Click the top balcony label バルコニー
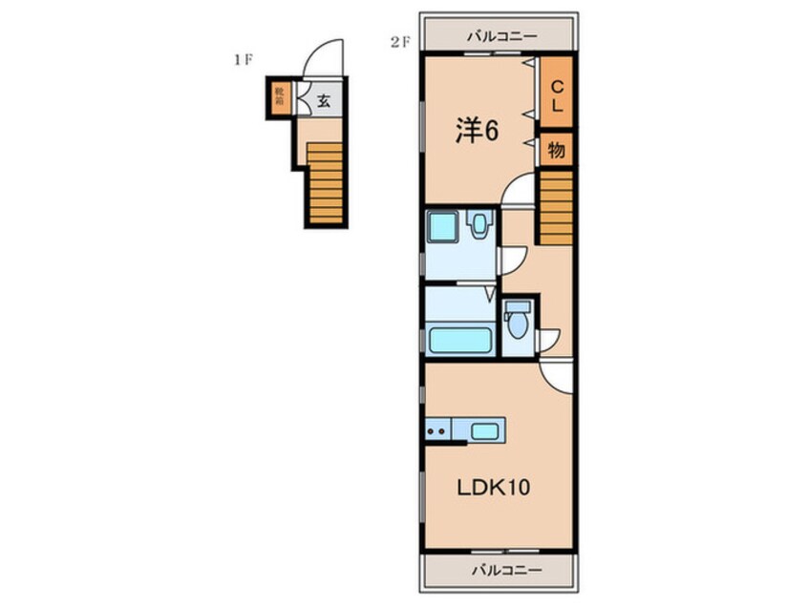point(502,36)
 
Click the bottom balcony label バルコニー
point(507,570)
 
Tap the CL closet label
point(557,95)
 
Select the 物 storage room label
point(557,151)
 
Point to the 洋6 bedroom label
point(478,130)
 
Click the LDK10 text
point(494,487)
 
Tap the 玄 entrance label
point(323,100)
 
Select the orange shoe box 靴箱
point(279,97)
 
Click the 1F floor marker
point(243,60)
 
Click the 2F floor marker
point(400,43)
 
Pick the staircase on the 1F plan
point(325,183)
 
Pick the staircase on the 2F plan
point(556,207)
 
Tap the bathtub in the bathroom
point(460,340)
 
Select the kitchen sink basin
point(485,430)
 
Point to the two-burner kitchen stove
point(438,430)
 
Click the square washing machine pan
point(442,226)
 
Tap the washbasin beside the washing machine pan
point(479,224)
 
